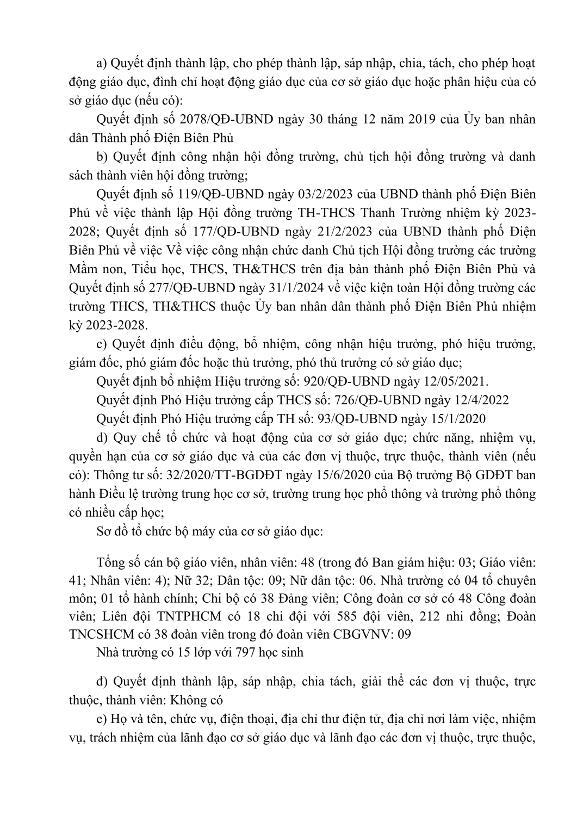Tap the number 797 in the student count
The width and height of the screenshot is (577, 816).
(240, 653)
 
